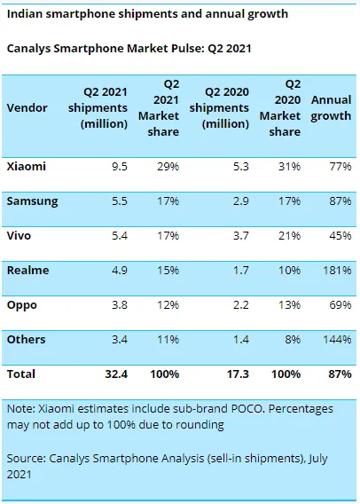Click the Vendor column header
pyautogui.click(x=27, y=107)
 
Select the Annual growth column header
pyautogui.click(x=331, y=107)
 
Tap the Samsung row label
pyautogui.click(x=33, y=201)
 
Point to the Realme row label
pyautogui.click(x=28, y=270)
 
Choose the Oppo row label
pyautogui.click(x=24, y=304)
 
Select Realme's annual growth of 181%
pyautogui.click(x=339, y=270)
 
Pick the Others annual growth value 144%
pyautogui.click(x=339, y=339)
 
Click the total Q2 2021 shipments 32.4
pyautogui.click(x=118, y=374)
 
